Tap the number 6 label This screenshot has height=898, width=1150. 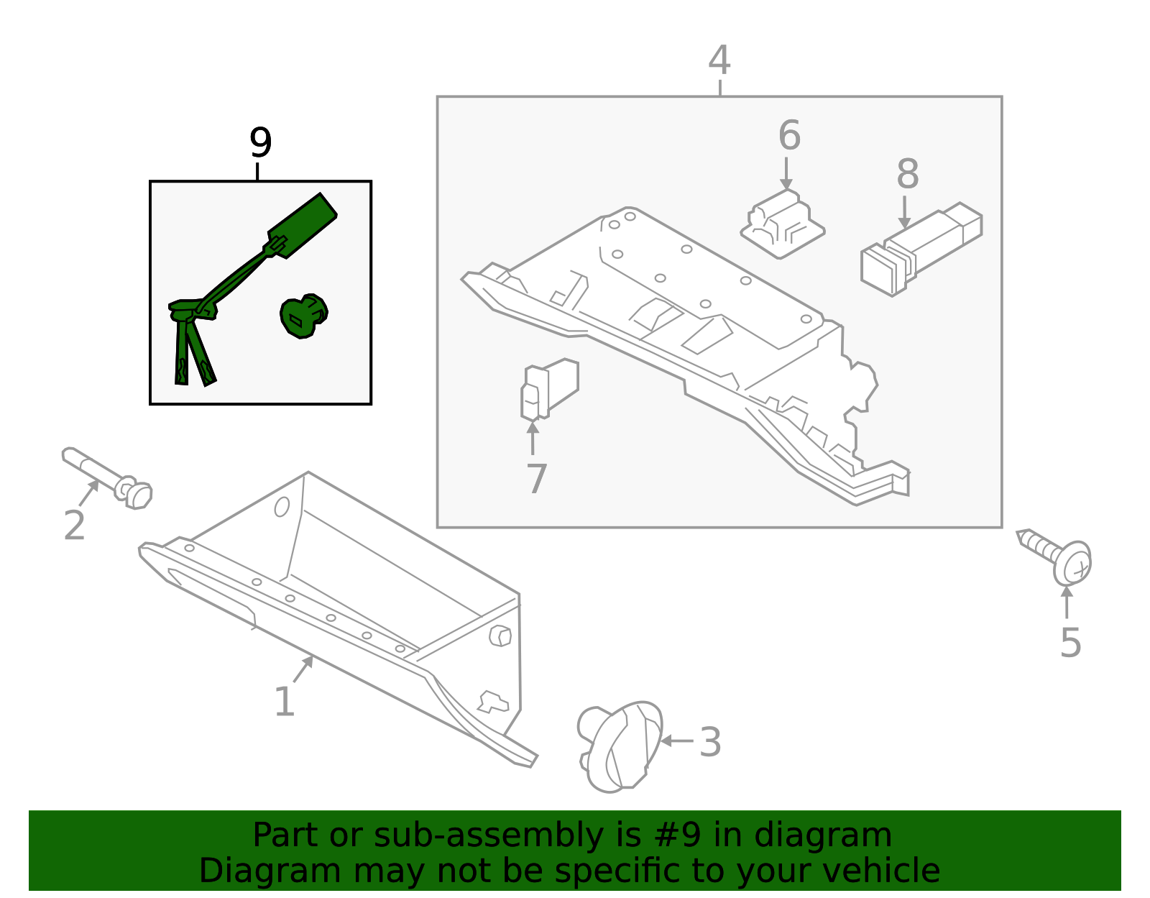[788, 135]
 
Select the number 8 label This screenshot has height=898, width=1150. [907, 174]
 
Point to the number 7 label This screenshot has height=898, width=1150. [536, 479]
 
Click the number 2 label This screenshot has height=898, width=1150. [74, 526]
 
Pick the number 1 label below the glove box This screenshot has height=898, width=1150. [285, 702]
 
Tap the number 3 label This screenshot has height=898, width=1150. [710, 742]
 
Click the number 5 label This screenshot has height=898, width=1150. [1070, 642]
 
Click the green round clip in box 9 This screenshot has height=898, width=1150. [303, 316]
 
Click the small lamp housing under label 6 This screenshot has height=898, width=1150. [782, 224]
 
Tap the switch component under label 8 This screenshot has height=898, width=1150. [920, 249]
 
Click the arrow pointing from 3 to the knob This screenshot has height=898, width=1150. [676, 741]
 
